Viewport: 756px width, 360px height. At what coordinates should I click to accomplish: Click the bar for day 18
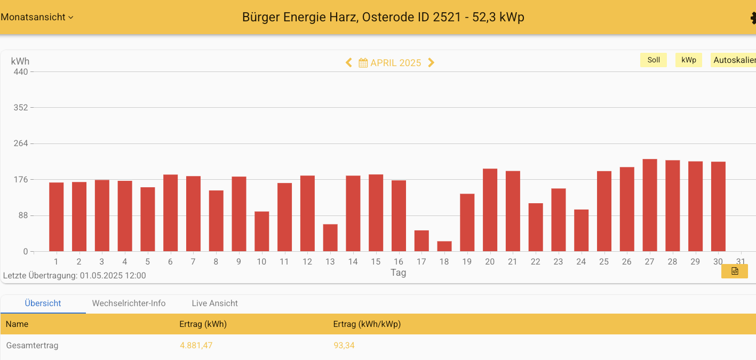pyautogui.click(x=444, y=246)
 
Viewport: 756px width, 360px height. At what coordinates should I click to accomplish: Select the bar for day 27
pyautogui.click(x=650, y=205)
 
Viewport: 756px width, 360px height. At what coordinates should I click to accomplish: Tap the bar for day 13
pyautogui.click(x=330, y=238)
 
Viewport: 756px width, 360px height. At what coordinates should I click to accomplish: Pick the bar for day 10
pyautogui.click(x=261, y=231)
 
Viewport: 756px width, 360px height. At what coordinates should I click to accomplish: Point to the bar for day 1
pyautogui.click(x=56, y=217)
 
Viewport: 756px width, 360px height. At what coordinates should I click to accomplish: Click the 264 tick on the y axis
pyautogui.click(x=21, y=143)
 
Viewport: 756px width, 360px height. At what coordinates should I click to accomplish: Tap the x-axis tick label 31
pyautogui.click(x=741, y=262)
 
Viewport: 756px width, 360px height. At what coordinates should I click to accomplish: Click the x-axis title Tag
pyautogui.click(x=398, y=273)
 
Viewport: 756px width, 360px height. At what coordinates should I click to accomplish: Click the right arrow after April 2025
pyautogui.click(x=432, y=63)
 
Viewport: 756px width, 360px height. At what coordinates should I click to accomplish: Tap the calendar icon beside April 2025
pyautogui.click(x=363, y=63)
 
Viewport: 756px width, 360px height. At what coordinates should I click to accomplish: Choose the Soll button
pyautogui.click(x=654, y=60)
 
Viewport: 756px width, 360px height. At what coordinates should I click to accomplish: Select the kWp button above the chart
pyautogui.click(x=688, y=60)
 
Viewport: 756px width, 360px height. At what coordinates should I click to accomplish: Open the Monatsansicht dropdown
pyautogui.click(x=37, y=17)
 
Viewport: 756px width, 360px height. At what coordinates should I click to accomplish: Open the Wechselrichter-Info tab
pyautogui.click(x=129, y=303)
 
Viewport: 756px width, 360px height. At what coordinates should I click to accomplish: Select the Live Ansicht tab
pyautogui.click(x=214, y=303)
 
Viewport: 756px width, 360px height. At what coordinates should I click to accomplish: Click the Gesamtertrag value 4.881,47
pyautogui.click(x=196, y=346)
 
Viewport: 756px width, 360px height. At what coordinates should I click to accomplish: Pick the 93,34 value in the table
pyautogui.click(x=344, y=346)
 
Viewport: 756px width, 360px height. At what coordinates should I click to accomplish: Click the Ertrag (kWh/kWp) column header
pyautogui.click(x=367, y=324)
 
